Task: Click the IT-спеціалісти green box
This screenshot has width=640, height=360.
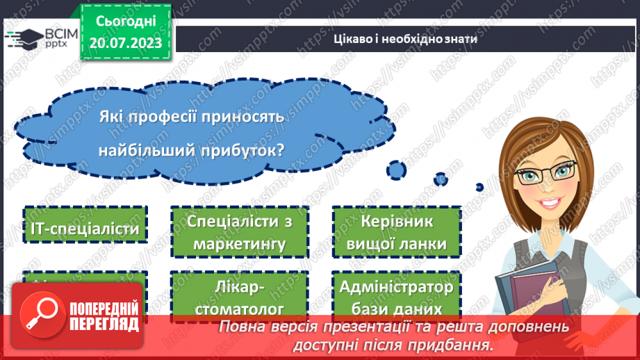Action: point(85,227)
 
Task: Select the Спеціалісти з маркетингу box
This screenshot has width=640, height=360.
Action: point(240,232)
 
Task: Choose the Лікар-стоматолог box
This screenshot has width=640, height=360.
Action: point(240,297)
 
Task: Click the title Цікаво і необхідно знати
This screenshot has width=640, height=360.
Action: point(405,39)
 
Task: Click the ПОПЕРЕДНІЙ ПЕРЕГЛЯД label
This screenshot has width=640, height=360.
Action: point(104,316)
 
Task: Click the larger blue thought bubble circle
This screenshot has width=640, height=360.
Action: point(397,169)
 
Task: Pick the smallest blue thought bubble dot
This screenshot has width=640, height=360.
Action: point(479,186)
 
